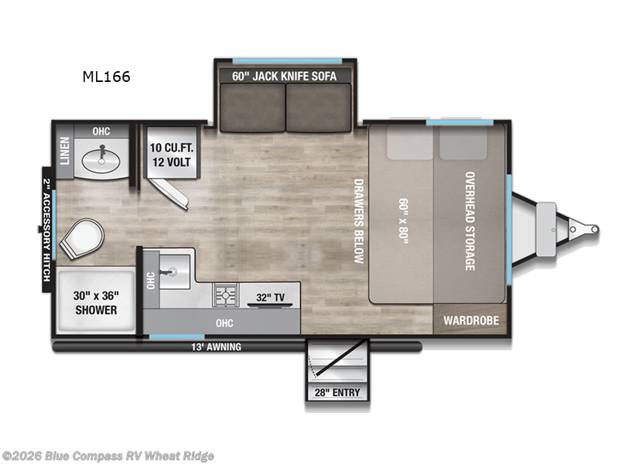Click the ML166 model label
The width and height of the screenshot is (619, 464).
tap(107, 77)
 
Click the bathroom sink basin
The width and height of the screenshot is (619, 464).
tap(102, 159)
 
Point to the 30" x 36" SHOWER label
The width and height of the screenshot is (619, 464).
tap(96, 302)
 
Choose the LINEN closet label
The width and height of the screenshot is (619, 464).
tap(65, 151)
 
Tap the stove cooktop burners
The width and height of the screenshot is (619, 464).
tap(226, 295)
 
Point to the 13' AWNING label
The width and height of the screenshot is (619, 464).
tap(217, 347)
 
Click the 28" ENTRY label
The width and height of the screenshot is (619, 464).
tap(337, 393)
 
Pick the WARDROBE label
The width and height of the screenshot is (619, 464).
tap(470, 320)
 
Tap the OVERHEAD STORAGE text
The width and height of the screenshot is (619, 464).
tap(470, 220)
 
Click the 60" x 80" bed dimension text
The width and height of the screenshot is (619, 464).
tap(403, 220)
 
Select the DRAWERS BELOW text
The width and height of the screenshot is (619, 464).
tap(358, 221)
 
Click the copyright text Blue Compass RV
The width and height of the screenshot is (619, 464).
tap(108, 456)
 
